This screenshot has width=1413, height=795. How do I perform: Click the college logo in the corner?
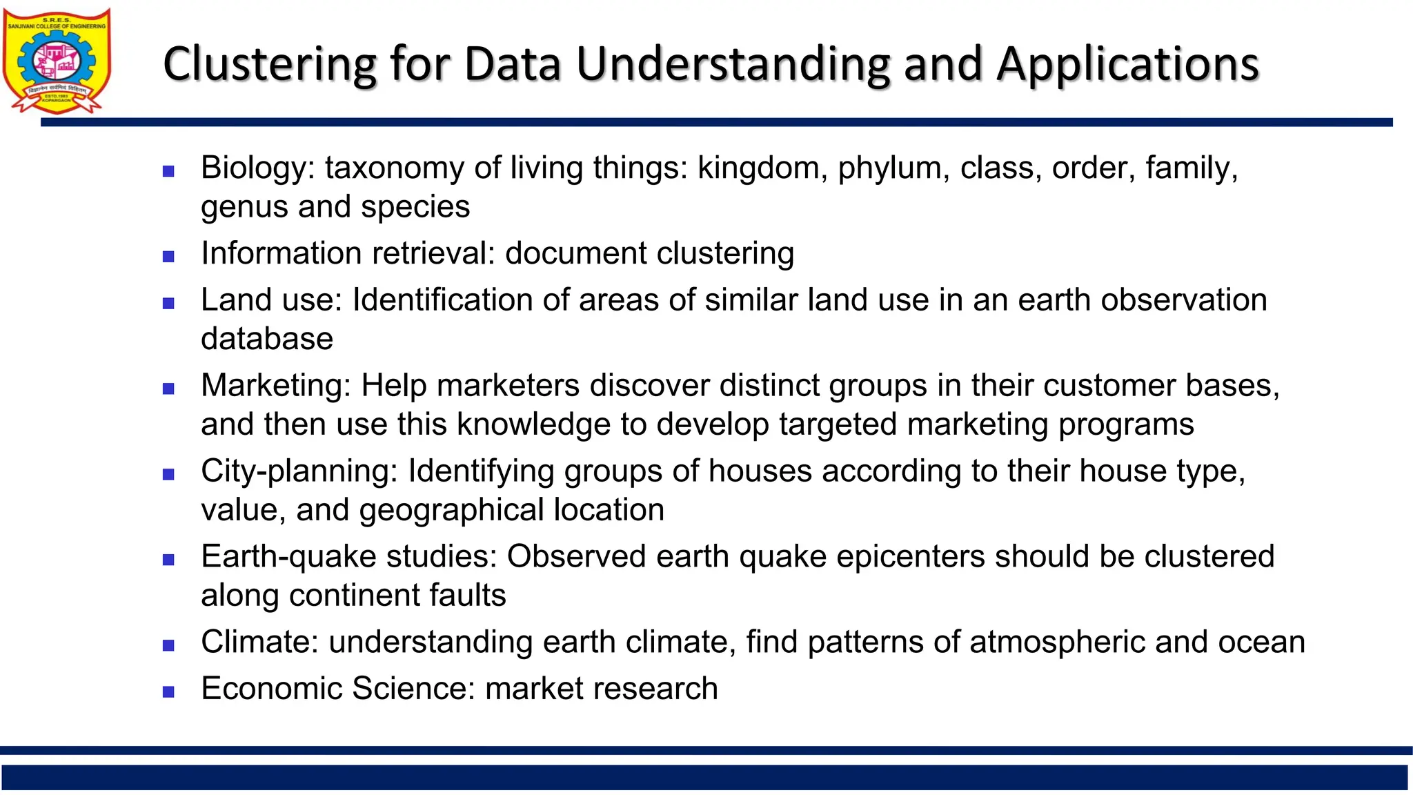click(x=57, y=61)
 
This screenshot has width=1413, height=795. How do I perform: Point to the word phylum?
click(x=889, y=168)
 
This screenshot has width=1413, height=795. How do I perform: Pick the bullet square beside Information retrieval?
click(x=168, y=257)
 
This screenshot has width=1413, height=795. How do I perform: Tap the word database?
click(x=267, y=339)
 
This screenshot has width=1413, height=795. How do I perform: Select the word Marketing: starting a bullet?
click(x=276, y=386)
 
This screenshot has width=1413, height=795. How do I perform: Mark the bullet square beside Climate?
click(x=168, y=646)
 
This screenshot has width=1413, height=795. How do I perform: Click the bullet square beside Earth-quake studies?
click(x=168, y=560)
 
